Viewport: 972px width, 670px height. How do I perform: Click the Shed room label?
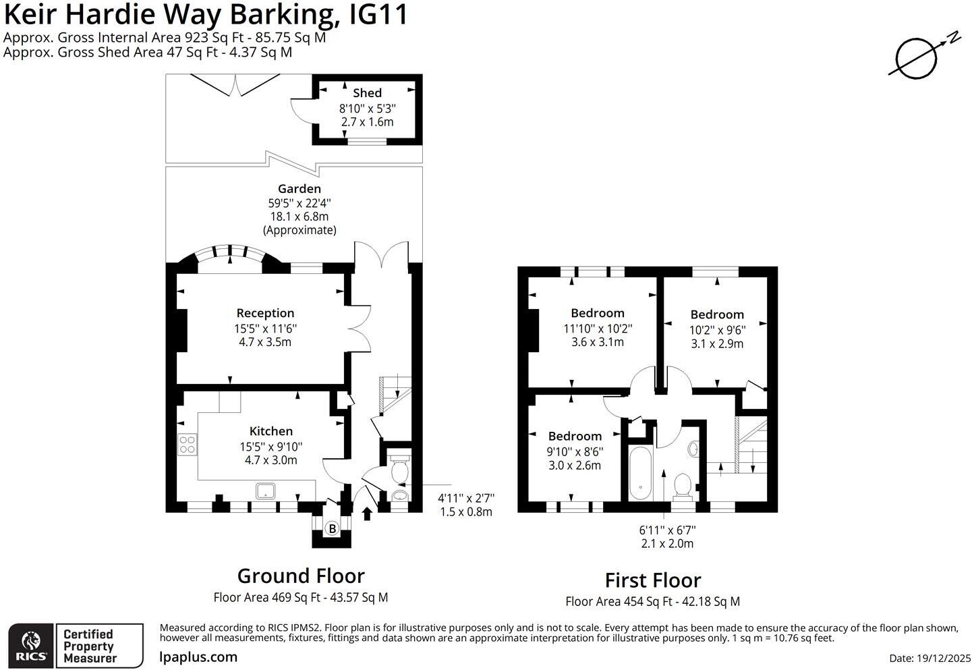[x=367, y=93]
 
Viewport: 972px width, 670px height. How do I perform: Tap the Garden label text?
[x=299, y=189]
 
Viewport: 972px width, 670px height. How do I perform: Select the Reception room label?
[x=265, y=313]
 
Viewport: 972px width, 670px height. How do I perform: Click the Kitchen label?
[x=271, y=431]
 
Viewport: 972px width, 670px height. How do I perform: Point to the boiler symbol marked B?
[x=332, y=529]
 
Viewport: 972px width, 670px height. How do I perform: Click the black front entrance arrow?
[x=367, y=514]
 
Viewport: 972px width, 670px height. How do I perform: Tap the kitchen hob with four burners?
[x=187, y=444]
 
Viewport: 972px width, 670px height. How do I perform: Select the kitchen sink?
[x=266, y=491]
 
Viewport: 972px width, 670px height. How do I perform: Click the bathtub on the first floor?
[x=639, y=472]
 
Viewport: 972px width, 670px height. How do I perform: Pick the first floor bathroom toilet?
[x=683, y=486]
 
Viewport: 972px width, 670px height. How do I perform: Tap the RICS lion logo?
[x=31, y=646]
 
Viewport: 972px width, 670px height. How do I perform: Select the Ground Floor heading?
[x=301, y=576]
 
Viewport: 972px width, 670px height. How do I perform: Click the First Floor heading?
[x=652, y=580]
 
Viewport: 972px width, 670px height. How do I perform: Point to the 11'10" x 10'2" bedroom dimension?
[x=598, y=329]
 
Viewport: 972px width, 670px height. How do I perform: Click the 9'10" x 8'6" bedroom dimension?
[x=575, y=451]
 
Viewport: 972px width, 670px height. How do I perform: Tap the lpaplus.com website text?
[x=198, y=657]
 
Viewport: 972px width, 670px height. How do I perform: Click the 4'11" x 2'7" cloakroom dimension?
[x=466, y=498]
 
